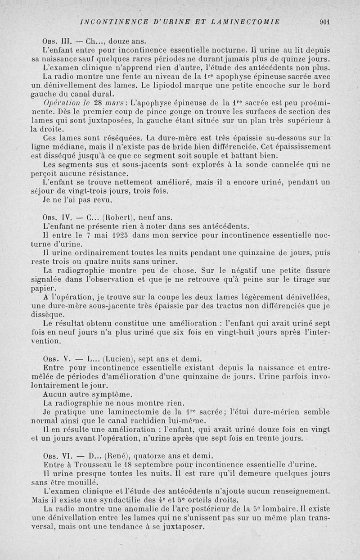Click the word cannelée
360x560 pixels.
coord(284,165)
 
